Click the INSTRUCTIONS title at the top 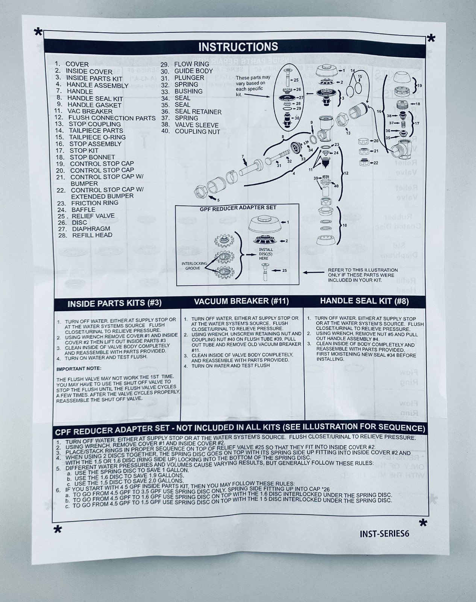[x=238, y=47]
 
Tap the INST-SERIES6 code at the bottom [x=384, y=534]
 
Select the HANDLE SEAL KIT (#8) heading [x=364, y=301]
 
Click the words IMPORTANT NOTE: [x=79, y=369]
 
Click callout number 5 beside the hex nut [x=218, y=200]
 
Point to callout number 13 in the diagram [x=348, y=133]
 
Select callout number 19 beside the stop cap [x=420, y=86]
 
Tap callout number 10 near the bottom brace [x=345, y=225]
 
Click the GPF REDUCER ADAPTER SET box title [x=238, y=208]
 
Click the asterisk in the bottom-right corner [x=423, y=523]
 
